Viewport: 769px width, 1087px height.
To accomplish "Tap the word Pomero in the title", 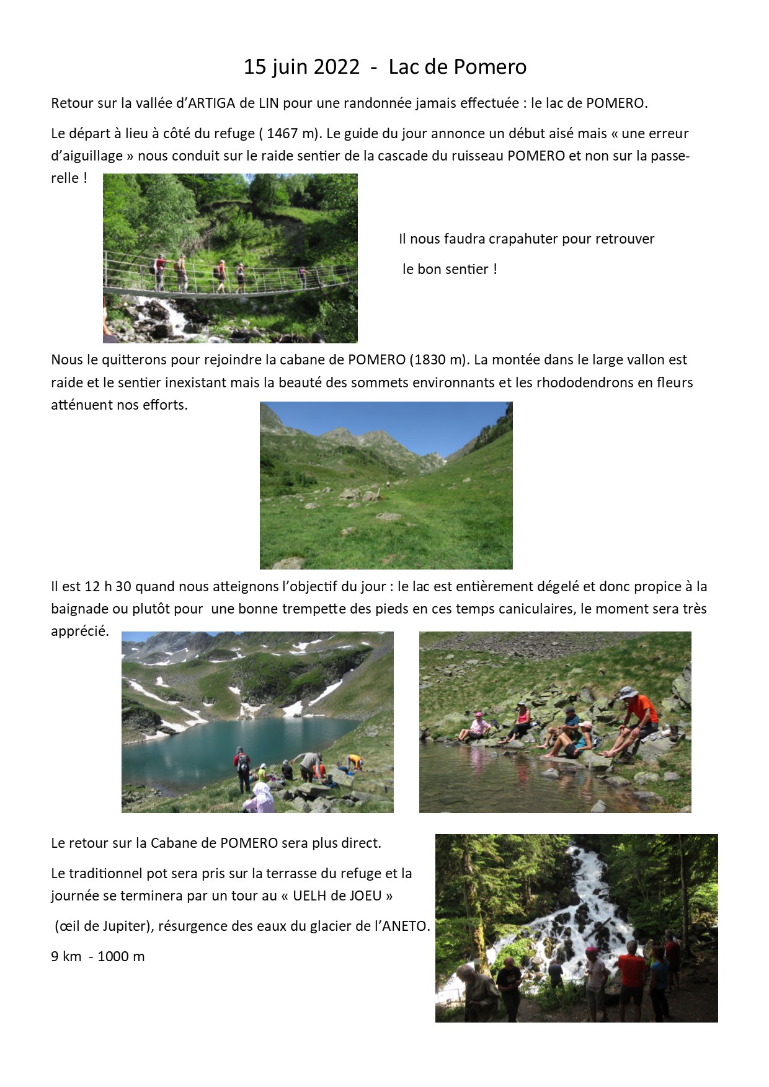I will pyautogui.click(x=490, y=67).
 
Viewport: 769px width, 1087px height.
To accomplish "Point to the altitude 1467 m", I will pyautogui.click(x=291, y=133).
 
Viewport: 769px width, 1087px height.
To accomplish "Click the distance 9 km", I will pyautogui.click(x=66, y=956).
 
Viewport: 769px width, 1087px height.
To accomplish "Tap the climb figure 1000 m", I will pyautogui.click(x=121, y=956).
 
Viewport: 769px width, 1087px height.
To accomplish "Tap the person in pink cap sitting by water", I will pyautogui.click(x=476, y=726).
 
